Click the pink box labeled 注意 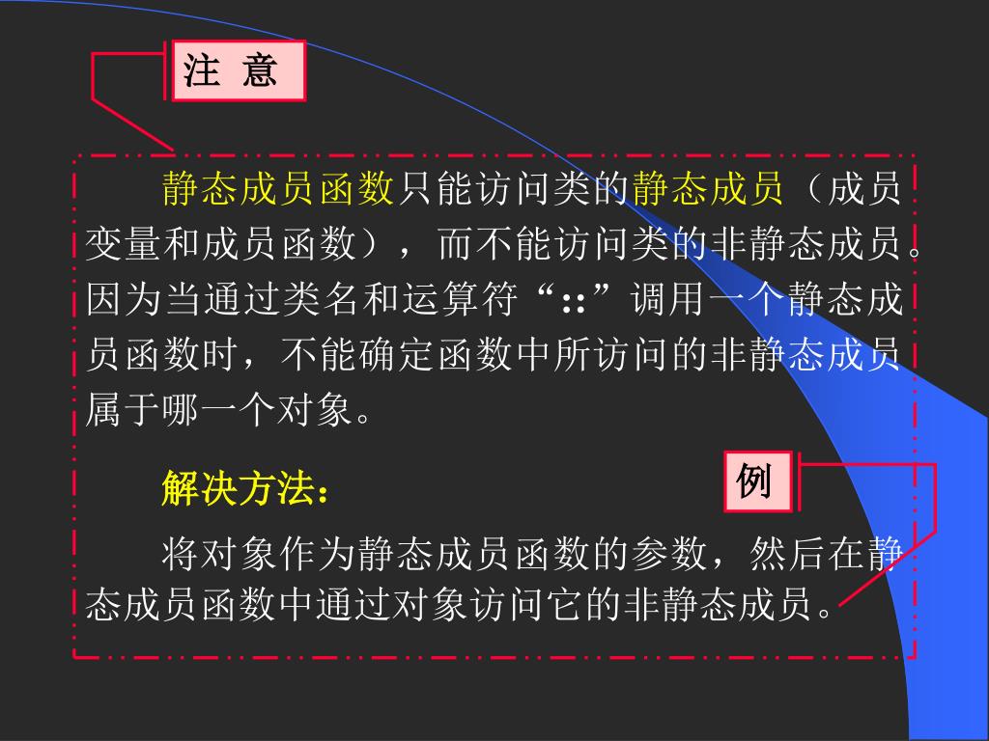pyautogui.click(x=239, y=70)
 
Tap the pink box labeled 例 pyautogui.click(x=758, y=480)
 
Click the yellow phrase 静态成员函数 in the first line pyautogui.click(x=278, y=189)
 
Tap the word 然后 pyautogui.click(x=786, y=554)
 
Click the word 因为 pyautogui.click(x=124, y=299)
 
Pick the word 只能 pyautogui.click(x=435, y=189)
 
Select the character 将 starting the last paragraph pyautogui.click(x=181, y=554)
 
